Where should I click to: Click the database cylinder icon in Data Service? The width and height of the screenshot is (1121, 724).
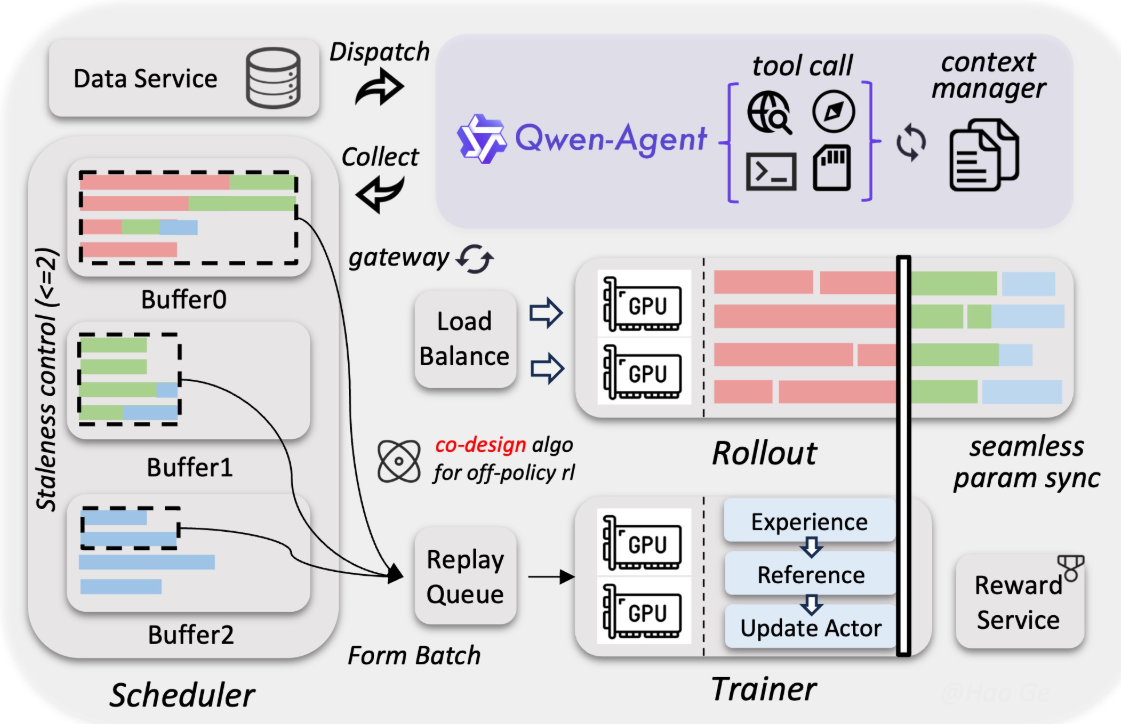click(272, 78)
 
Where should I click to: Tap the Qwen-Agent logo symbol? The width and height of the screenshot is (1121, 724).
click(482, 139)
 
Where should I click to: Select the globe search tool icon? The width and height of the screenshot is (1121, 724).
click(769, 112)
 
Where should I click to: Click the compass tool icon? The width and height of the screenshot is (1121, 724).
click(834, 111)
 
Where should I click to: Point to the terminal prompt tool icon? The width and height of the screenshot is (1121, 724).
click(771, 172)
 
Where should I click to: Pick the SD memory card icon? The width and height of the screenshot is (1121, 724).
click(832, 168)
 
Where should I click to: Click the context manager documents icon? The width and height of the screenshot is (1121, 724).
click(984, 155)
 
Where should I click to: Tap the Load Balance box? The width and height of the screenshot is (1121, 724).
click(465, 339)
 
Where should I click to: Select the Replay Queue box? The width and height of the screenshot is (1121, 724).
click(465, 576)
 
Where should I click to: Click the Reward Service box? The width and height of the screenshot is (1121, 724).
click(1019, 601)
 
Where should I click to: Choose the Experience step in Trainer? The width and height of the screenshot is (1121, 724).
click(809, 520)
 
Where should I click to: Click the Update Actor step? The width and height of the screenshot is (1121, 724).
click(810, 628)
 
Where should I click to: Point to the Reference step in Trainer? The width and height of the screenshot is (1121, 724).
click(810, 574)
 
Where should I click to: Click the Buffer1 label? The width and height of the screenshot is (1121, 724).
click(189, 467)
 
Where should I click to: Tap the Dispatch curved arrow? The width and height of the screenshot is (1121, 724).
click(380, 87)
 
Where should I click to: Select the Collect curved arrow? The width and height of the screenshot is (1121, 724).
click(380, 193)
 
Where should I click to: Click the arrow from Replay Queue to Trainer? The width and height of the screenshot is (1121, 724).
click(551, 576)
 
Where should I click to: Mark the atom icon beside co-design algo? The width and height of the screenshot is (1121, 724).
click(399, 461)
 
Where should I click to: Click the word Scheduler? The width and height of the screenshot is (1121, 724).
click(182, 695)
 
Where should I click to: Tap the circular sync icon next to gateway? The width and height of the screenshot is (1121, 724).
click(475, 258)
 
